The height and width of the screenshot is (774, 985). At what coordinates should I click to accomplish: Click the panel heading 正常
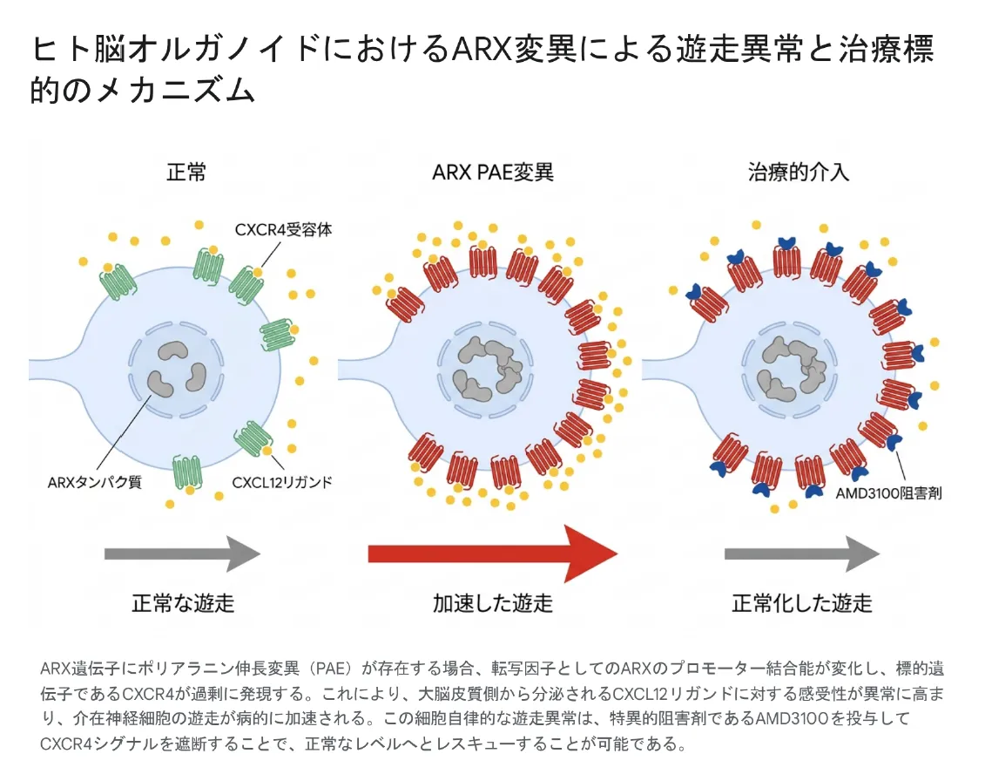tap(186, 172)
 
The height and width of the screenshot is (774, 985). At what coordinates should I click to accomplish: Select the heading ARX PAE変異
tap(493, 172)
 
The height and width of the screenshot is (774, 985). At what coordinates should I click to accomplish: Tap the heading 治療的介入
tap(798, 172)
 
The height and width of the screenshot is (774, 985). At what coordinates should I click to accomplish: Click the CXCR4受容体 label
tap(283, 229)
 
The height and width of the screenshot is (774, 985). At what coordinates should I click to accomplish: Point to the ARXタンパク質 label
tap(95, 482)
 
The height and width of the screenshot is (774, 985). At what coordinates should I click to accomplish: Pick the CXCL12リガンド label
tap(282, 482)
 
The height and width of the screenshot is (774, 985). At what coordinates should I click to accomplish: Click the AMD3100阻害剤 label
tap(888, 493)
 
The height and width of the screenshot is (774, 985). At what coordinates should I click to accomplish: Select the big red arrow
tap(493, 554)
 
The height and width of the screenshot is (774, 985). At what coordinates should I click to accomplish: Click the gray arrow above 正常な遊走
tap(182, 554)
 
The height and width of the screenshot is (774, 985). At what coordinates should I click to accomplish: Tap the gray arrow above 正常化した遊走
tap(802, 554)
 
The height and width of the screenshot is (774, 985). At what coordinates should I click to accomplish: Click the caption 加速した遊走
tap(493, 603)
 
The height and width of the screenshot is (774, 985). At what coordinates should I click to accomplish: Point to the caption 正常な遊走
tap(183, 603)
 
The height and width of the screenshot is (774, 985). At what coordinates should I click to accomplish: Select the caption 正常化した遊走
tap(802, 603)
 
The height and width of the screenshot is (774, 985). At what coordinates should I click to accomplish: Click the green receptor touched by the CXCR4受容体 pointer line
tap(246, 285)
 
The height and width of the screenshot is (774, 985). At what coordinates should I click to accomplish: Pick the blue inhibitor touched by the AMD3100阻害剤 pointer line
tap(894, 442)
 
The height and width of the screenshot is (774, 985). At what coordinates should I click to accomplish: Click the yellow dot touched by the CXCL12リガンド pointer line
tap(267, 451)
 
